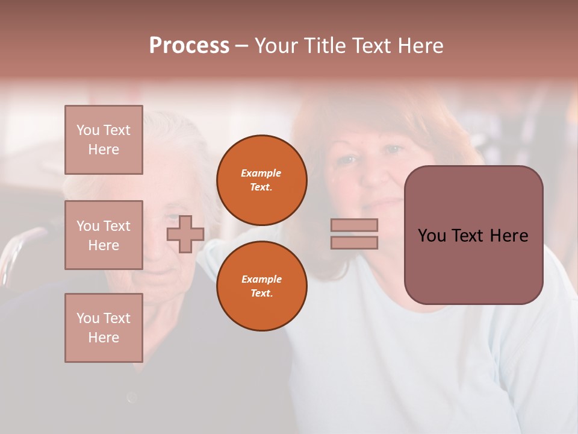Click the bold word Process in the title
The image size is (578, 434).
coord(189,46)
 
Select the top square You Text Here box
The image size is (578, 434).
coord(104,140)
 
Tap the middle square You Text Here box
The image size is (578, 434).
coord(104,235)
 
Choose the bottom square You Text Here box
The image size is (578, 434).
coord(104,328)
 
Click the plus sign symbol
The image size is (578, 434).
coord(185,234)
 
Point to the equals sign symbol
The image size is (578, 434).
coord(354,234)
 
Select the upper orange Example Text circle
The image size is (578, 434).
coord(261,180)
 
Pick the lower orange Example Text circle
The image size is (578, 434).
coord(261,286)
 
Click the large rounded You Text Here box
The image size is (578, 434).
coord(473,235)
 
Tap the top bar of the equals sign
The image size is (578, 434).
coord(354,225)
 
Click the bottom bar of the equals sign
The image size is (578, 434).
coord(354,242)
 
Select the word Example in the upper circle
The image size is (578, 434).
coord(261,173)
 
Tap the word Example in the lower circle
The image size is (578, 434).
coord(261,279)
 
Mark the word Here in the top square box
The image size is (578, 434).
coord(104,149)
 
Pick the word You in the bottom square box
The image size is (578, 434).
coord(87,318)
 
